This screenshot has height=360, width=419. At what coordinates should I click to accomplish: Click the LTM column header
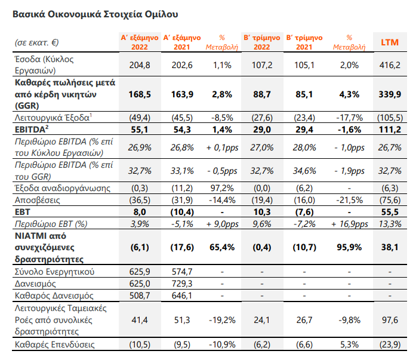(x=390, y=42)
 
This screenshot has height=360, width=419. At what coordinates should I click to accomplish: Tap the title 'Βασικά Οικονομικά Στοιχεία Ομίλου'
(x=95, y=14)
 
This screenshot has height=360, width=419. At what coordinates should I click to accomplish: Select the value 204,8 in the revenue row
(x=140, y=65)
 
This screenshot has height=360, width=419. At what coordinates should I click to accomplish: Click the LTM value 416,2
(x=390, y=65)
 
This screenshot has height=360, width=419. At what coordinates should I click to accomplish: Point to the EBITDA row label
(x=32, y=130)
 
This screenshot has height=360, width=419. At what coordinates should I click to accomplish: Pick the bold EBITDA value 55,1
(x=140, y=130)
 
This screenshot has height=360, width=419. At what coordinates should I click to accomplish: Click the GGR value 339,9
(x=390, y=94)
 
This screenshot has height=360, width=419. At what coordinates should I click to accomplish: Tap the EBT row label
(x=23, y=212)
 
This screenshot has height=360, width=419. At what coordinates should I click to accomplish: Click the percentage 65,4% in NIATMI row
(x=222, y=247)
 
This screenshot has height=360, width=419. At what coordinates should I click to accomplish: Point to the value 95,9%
(x=349, y=247)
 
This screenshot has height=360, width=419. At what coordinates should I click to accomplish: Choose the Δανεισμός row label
(x=35, y=284)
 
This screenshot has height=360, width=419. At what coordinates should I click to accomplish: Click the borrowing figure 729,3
(x=182, y=284)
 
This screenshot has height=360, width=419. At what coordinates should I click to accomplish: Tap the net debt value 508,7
(x=140, y=296)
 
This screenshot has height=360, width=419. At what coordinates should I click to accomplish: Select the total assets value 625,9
(x=140, y=272)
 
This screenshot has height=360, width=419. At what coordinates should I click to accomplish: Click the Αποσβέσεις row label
(x=37, y=200)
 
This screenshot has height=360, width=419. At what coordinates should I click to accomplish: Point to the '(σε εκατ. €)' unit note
(x=36, y=42)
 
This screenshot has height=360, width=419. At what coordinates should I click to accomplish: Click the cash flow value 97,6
(x=390, y=319)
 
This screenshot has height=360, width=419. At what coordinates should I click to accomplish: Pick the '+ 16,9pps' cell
(x=349, y=224)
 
